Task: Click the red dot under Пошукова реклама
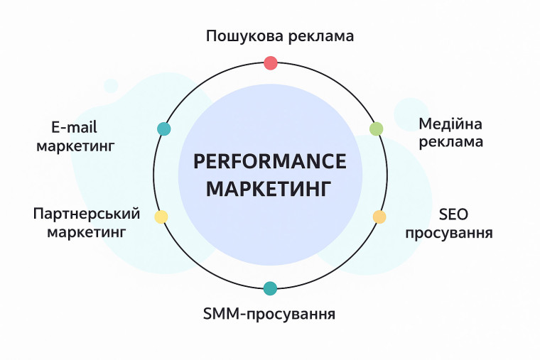point(270,63)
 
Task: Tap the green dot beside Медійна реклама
point(377,129)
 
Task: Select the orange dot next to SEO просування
point(379,217)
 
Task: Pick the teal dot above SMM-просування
point(270,288)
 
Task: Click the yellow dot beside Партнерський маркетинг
point(161,217)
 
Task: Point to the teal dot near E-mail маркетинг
point(164,129)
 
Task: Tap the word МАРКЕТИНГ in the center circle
point(270,190)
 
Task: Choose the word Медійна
point(450,124)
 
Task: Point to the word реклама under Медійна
point(450,141)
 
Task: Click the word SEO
point(454,214)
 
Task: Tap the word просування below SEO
point(449,233)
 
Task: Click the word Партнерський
point(87,214)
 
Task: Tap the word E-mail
point(74,127)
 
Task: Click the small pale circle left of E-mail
point(111,85)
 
